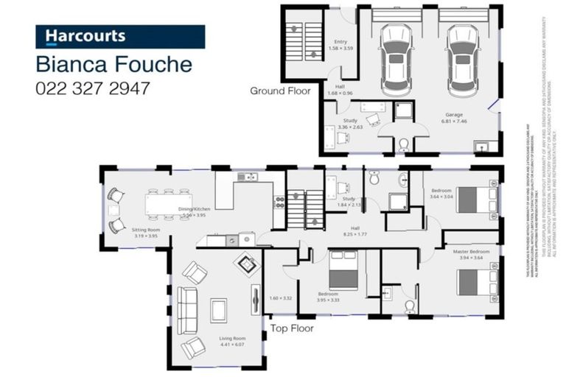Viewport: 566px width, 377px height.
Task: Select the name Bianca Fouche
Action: pos(114,64)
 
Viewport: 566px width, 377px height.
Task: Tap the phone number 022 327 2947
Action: pos(93,88)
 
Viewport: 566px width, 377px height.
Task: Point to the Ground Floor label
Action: pos(280,91)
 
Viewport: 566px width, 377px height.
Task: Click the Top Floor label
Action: pos(292,328)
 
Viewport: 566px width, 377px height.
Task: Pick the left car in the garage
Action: pos(396,55)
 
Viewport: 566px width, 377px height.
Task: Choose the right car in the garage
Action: pos(463,55)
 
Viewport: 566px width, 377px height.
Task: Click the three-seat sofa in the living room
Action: pos(187,309)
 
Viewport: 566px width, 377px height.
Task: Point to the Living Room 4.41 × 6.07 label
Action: pos(231,342)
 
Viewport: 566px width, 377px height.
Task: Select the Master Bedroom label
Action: pos(470,255)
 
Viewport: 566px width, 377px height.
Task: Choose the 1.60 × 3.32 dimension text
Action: pos(281,298)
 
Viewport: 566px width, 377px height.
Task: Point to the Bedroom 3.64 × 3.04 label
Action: pos(442,194)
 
